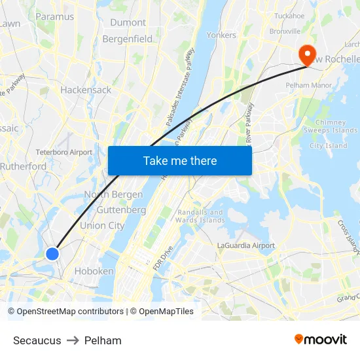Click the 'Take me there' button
[180, 161]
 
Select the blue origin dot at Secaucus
[52, 254]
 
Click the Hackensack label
[86, 90]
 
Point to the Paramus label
[54, 16]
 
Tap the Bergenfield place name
[128, 39]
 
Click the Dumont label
[128, 22]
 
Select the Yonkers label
[221, 35]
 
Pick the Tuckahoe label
[289, 16]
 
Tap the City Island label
[328, 146]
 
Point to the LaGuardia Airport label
[246, 245]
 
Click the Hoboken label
[94, 271]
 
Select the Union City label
[102, 226]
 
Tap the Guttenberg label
[121, 210]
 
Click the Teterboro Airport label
[64, 153]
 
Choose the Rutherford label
[24, 167]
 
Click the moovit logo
[321, 340]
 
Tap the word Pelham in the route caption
[103, 340]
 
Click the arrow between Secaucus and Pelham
[73, 340]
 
